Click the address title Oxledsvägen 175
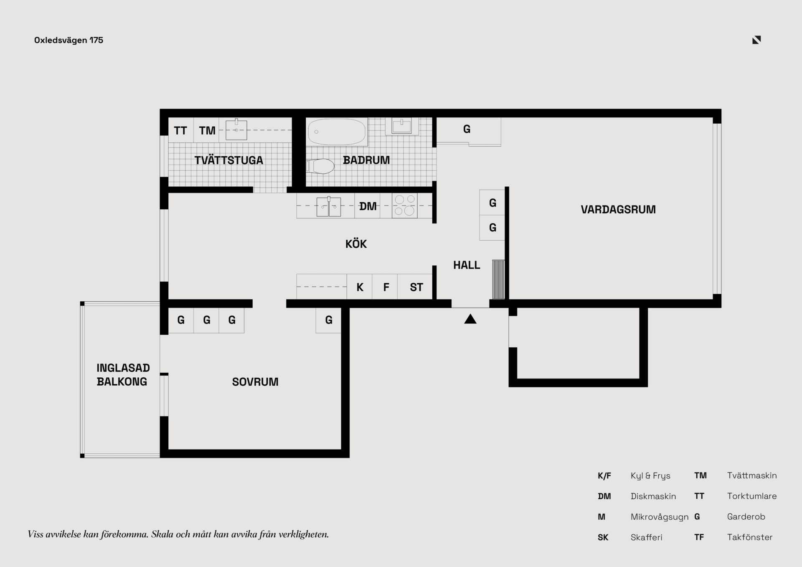click(x=69, y=40)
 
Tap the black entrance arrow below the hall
click(x=470, y=319)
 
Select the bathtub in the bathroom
click(x=337, y=132)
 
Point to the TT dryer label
click(x=180, y=131)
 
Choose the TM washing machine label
click(x=207, y=131)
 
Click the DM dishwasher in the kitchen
click(x=368, y=206)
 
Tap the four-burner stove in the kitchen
click(x=405, y=206)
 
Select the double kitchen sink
click(x=329, y=206)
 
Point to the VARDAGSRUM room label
click(x=618, y=209)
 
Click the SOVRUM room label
click(x=255, y=382)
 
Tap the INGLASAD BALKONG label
click(x=123, y=375)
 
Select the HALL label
click(x=467, y=265)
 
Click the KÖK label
click(x=356, y=244)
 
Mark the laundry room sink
click(x=236, y=130)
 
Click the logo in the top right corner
click(x=756, y=40)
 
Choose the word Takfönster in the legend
click(x=750, y=537)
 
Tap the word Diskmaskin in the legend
click(x=653, y=496)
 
